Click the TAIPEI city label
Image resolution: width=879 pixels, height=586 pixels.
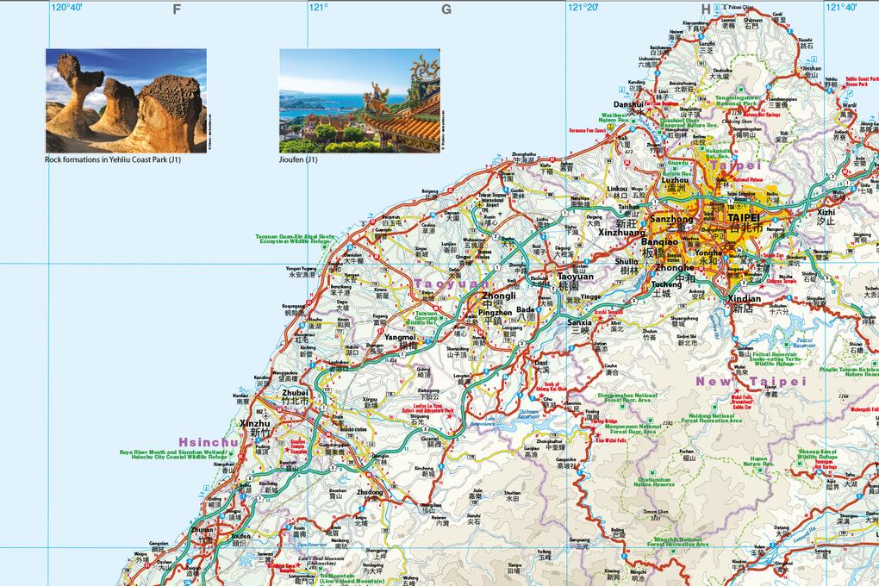(743, 219)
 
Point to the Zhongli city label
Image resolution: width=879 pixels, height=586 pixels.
(498, 295)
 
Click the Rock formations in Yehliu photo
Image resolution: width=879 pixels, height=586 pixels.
(126, 101)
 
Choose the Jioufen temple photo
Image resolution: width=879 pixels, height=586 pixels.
(359, 101)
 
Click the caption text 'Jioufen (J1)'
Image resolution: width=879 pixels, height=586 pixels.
(298, 159)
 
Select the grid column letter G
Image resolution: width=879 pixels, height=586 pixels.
(446, 9)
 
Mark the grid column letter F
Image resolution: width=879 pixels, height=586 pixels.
(177, 9)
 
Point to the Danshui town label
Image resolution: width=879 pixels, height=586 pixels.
(628, 104)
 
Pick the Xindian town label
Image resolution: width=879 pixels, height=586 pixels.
(744, 297)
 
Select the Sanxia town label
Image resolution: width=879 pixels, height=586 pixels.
(580, 322)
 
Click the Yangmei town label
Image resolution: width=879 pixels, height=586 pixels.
(401, 337)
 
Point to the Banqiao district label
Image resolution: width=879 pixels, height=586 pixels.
(659, 243)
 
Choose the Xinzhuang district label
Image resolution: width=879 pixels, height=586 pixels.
(621, 233)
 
